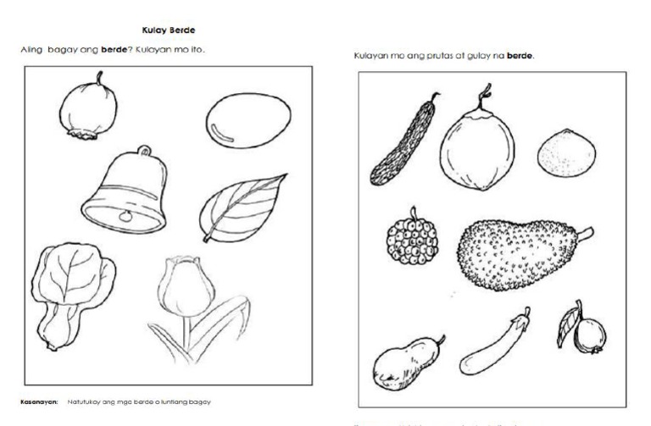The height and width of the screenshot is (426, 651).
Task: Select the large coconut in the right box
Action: tap(476, 149)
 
